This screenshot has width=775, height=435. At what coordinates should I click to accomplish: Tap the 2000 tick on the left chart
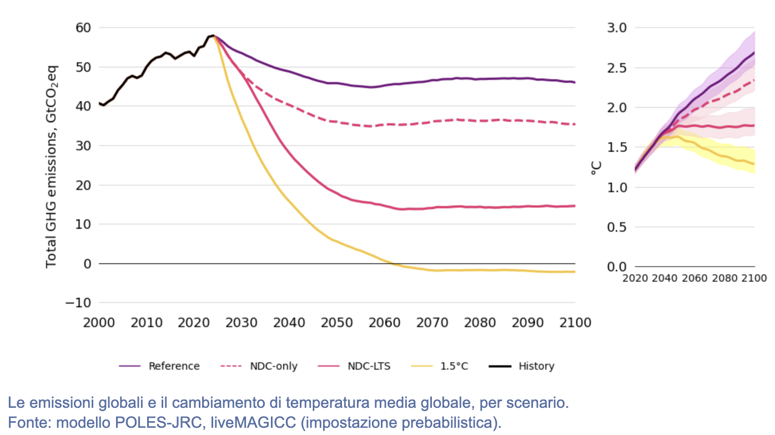[99, 323]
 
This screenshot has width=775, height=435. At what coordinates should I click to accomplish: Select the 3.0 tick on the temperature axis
[617, 28]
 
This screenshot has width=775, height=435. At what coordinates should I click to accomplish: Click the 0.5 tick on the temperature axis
[617, 227]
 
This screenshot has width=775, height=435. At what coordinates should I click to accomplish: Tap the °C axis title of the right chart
[596, 168]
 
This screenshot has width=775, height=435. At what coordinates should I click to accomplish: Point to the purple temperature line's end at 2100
[754, 52]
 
